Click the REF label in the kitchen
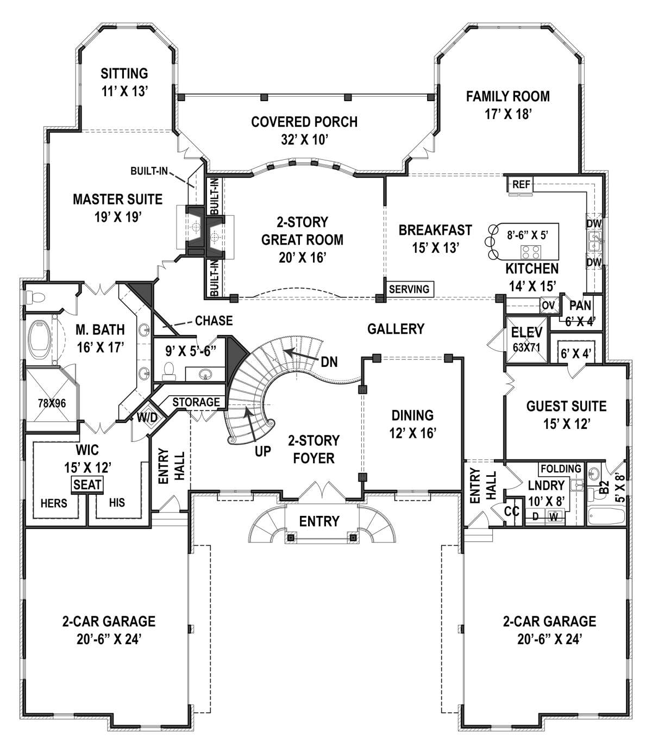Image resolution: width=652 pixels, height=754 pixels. point(521,184)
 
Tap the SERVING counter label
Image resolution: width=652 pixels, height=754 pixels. point(409,289)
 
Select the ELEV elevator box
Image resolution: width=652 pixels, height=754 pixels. point(526,339)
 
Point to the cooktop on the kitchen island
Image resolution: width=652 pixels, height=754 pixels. point(531,251)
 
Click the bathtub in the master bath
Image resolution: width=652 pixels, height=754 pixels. point(40,340)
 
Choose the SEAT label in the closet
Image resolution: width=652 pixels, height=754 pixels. point(87,484)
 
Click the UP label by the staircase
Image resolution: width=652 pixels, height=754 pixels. point(263,451)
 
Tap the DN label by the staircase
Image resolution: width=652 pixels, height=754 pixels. point(329,362)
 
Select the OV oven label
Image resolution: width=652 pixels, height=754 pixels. point(548,305)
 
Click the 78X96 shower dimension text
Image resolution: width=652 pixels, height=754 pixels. point(52,403)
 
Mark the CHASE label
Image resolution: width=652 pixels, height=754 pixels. point(214,321)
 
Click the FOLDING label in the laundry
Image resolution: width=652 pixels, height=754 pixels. point(561,469)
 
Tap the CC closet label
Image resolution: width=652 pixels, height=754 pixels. point(512,511)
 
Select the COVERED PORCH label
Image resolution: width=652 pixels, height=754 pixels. point(304,122)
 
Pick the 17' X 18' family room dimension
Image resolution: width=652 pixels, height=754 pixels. point(508,114)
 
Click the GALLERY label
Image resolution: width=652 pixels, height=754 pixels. point(396,329)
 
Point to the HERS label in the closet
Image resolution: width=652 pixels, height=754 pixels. point(54,503)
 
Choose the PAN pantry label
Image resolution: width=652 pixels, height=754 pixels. point(580,306)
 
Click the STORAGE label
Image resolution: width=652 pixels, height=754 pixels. point(196,402)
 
